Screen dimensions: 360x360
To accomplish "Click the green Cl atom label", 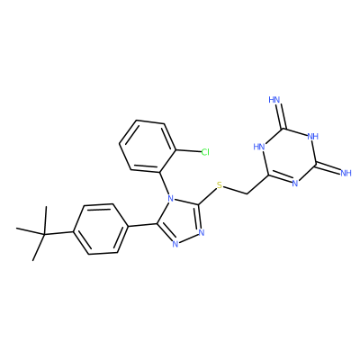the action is (205, 152).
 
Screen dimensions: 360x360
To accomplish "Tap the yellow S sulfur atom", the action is (220, 185).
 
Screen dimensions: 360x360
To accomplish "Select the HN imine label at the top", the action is (274, 100).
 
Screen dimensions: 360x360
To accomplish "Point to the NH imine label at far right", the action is (346, 173).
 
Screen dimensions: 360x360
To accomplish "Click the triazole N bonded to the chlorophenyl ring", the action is (170, 198).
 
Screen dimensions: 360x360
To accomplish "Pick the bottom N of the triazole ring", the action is (175, 244).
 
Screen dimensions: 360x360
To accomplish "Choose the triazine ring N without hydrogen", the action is (294, 184).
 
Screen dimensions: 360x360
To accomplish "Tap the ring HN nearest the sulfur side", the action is (259, 147).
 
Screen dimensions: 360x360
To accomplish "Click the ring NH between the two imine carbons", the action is (313, 137).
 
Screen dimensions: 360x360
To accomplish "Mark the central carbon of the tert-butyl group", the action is (44, 234).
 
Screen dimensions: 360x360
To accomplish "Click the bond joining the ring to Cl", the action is (188, 151).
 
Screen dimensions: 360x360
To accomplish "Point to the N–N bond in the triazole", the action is (188, 238).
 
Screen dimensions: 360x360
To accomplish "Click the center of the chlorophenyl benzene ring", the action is (148, 146).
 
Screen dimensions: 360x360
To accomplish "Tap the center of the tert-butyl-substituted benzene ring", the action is (100, 229).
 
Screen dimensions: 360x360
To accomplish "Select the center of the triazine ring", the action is (290, 156).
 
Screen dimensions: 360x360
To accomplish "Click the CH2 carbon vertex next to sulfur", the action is (247, 194).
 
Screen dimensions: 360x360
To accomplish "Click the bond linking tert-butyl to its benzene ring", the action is (58, 232).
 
